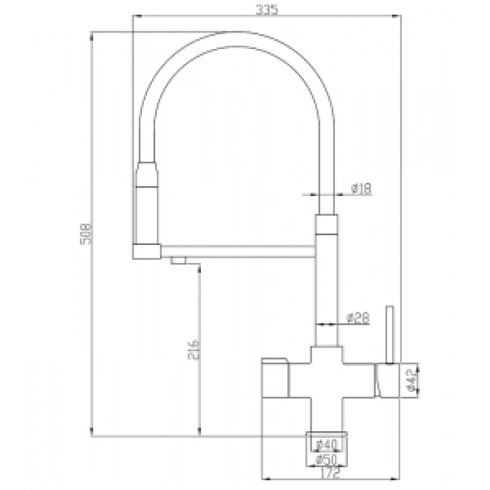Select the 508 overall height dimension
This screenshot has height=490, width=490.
tap(86, 232)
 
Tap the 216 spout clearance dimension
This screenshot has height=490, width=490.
tap(190, 352)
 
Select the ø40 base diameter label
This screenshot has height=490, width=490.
tap(326, 444)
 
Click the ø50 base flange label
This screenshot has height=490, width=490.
tap(326, 459)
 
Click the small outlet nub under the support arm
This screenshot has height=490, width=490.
tap(178, 261)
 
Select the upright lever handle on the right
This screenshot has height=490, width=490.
tap(387, 334)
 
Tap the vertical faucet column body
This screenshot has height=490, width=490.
tap(326, 288)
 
